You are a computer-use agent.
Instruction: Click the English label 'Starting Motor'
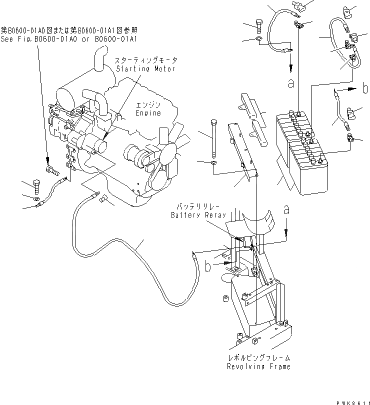[145, 68]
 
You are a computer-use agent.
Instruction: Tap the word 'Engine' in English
[148, 113]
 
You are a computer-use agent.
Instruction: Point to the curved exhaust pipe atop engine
[100, 60]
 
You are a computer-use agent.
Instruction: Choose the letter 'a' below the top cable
[291, 83]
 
